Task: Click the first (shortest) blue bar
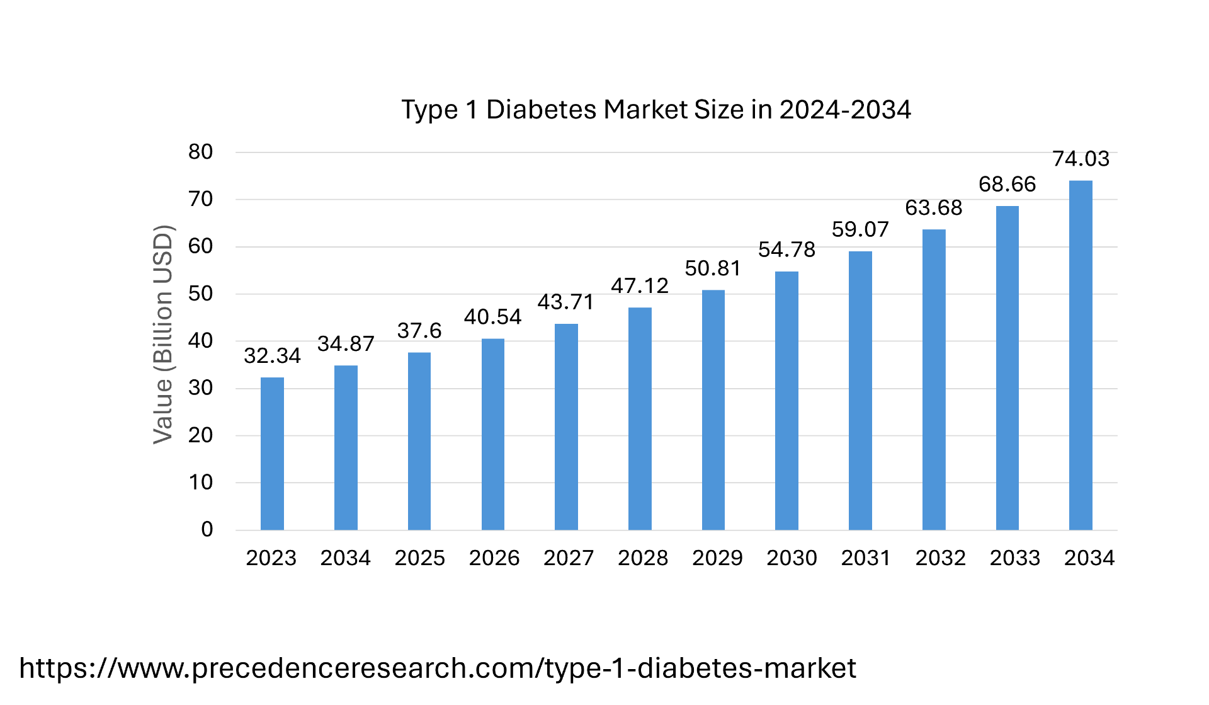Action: [x=272, y=454]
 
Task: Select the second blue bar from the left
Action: [x=346, y=447]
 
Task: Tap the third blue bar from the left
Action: [x=419, y=441]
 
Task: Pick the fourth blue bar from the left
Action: [x=493, y=434]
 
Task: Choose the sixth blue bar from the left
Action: [x=640, y=418]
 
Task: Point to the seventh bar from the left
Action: [x=713, y=410]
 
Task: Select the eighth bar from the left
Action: [x=786, y=400]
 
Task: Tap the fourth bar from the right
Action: [x=860, y=390]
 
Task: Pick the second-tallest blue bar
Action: [x=1007, y=368]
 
